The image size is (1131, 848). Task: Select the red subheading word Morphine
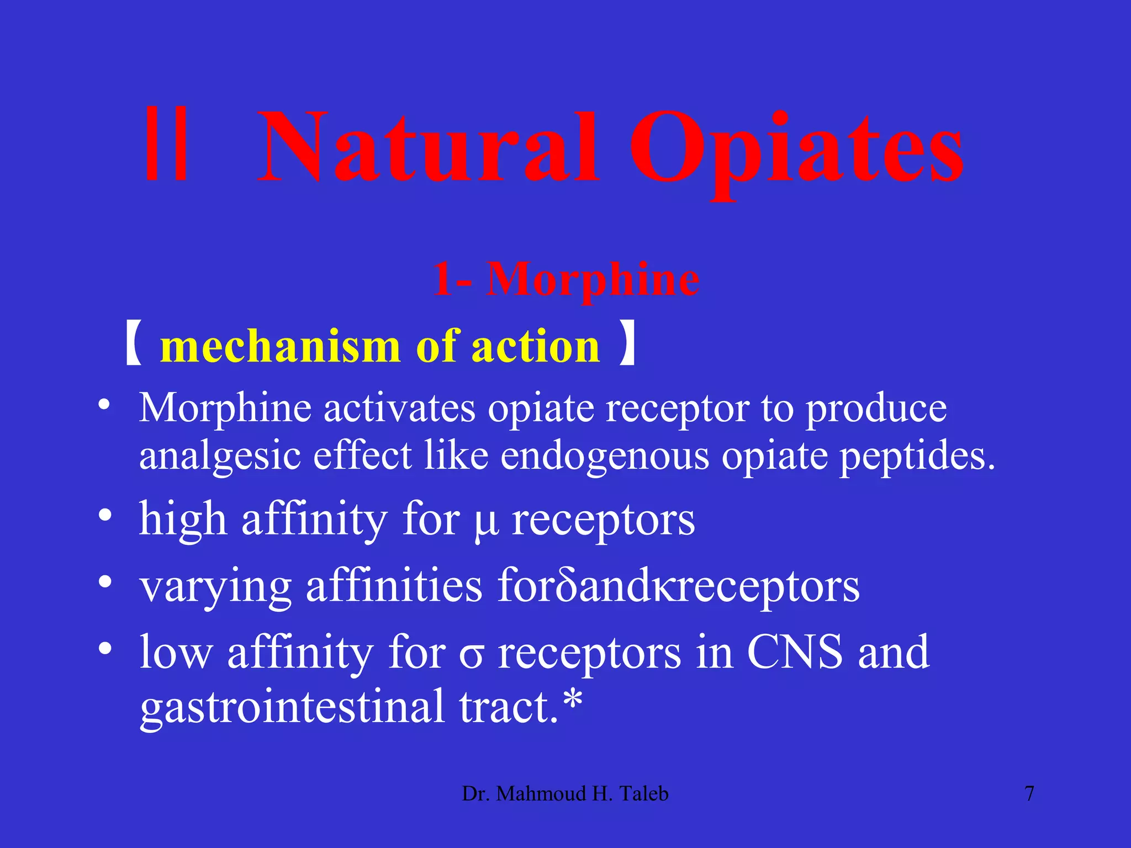point(593,279)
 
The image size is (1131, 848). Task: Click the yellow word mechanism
point(279,347)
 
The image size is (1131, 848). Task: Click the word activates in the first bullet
point(399,409)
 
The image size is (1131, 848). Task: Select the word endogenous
point(604,456)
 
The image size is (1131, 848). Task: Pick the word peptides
point(917,457)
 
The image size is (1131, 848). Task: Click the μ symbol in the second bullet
point(486,522)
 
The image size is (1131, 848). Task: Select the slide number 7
point(1029,794)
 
